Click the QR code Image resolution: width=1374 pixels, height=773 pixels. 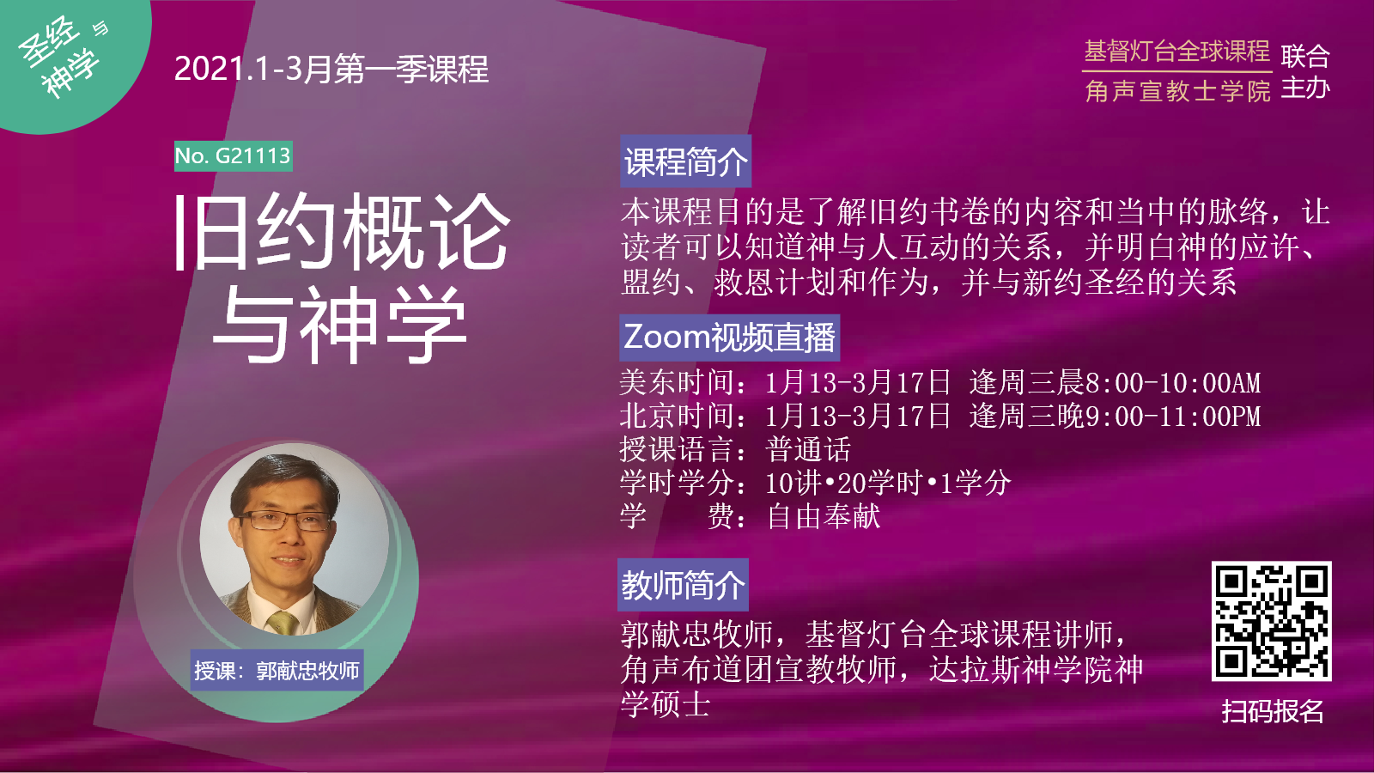[x=1271, y=621]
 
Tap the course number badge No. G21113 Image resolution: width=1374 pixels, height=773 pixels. [x=233, y=155]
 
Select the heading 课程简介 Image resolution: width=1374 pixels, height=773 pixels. [x=686, y=161]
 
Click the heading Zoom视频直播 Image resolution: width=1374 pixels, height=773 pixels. [x=729, y=338]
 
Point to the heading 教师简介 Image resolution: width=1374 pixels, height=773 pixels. [x=683, y=585]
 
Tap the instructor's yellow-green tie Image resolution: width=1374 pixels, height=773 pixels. [x=283, y=622]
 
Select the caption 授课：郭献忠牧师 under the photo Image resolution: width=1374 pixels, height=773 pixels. [x=277, y=671]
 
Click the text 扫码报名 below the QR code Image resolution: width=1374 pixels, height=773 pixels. [x=1272, y=712]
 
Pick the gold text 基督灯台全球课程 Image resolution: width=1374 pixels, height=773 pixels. [x=1176, y=52]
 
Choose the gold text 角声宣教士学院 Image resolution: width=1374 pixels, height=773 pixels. [x=1177, y=91]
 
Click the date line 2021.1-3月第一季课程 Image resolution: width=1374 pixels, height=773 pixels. [x=331, y=69]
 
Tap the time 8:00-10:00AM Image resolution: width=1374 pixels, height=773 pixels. [x=1173, y=383]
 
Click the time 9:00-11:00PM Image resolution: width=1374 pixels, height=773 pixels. [x=1173, y=416]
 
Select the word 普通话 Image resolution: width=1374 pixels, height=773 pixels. [x=808, y=450]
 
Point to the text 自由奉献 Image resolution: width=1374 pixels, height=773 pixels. [x=824, y=516]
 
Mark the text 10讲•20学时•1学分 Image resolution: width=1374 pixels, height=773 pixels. [x=888, y=484]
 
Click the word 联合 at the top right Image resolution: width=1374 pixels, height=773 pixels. [x=1304, y=57]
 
